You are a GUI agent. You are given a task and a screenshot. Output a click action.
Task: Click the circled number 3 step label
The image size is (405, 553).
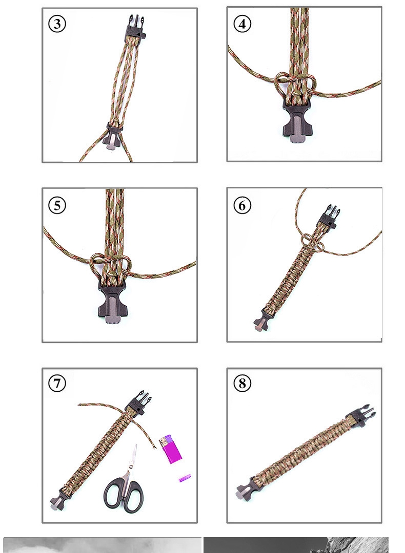(57, 24)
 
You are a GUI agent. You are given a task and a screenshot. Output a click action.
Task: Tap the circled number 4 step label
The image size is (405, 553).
(242, 24)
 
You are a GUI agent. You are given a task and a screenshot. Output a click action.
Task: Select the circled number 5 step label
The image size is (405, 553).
(57, 205)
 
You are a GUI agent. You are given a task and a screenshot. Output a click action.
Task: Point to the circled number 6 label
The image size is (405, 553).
(242, 205)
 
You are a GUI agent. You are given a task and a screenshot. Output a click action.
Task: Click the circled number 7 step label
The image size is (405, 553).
(57, 383)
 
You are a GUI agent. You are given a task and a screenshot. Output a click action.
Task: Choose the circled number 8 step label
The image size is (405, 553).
(242, 383)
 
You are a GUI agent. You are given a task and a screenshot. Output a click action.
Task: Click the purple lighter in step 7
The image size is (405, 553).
(170, 449)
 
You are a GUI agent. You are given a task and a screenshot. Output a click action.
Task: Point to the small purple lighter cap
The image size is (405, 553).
(185, 478)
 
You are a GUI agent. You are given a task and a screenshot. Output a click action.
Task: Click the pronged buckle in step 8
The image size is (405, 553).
(361, 414)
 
